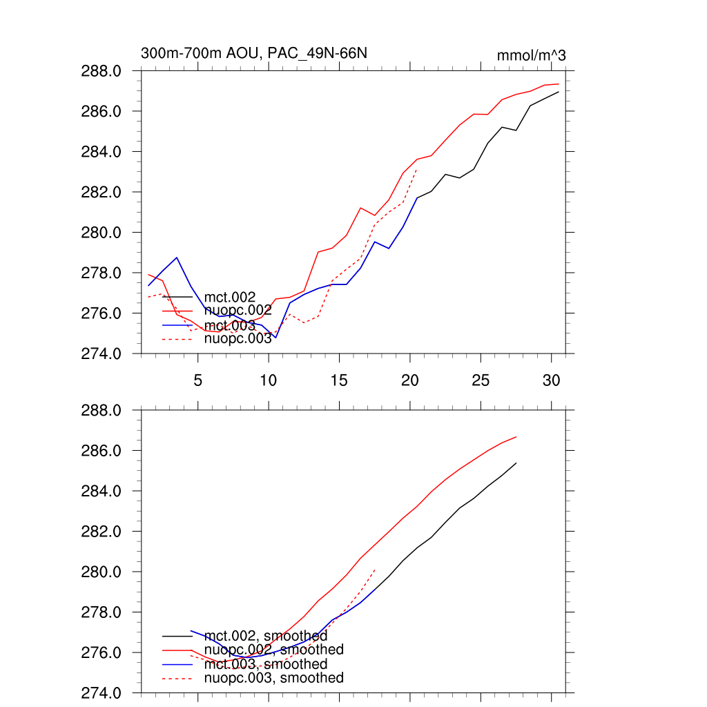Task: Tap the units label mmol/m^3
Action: pos(531,55)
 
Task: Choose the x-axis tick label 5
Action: pos(197,379)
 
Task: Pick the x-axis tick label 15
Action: pos(339,379)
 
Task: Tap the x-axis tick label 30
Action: pos(551,379)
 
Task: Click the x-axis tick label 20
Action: pos(409,379)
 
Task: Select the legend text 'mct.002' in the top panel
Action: pos(230,298)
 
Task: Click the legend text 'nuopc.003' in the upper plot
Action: pos(238,338)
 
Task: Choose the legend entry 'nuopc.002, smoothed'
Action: pos(273,650)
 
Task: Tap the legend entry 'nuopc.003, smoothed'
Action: pos(273,678)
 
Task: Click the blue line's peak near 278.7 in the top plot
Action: pos(177,258)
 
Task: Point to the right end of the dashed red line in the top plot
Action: pos(417,169)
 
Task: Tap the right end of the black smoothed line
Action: pos(516,463)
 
